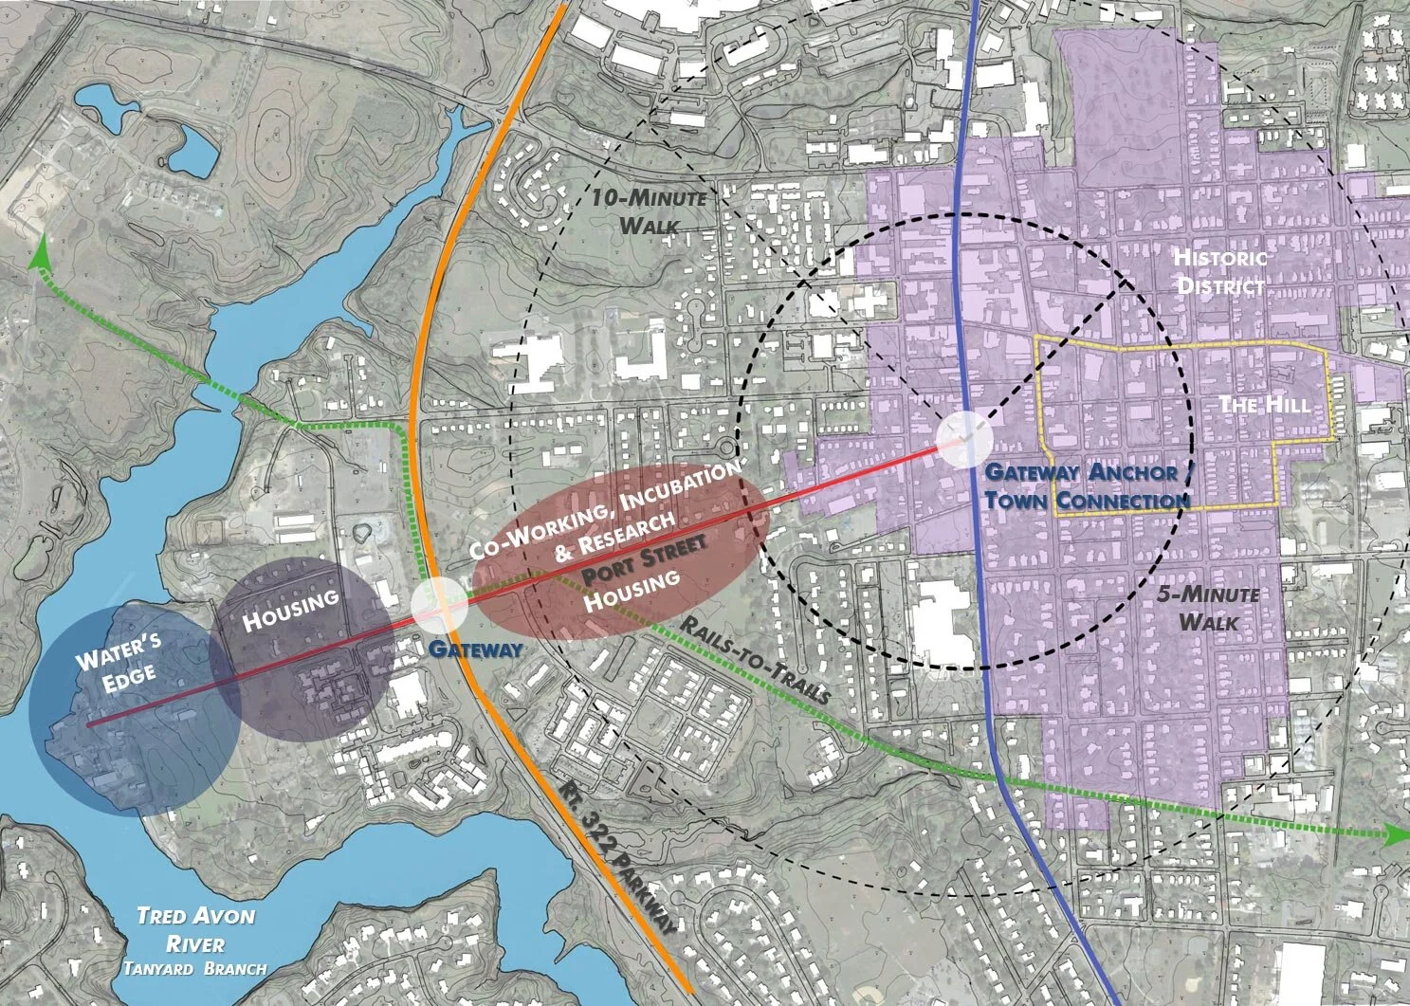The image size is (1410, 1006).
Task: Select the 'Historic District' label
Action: point(1218,271)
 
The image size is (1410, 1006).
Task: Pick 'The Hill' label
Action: point(1264,405)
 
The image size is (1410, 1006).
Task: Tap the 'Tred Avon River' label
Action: point(181,930)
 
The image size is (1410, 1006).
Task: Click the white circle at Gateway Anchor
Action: point(964,439)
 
